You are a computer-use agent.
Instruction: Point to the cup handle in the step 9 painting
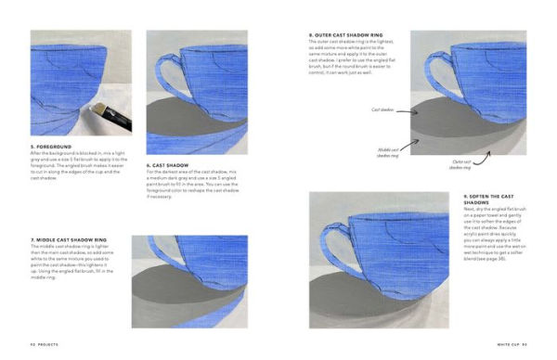click(x=327, y=233)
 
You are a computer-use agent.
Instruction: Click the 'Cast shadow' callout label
click(x=382, y=109)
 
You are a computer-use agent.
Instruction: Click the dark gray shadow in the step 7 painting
click(x=172, y=283)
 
